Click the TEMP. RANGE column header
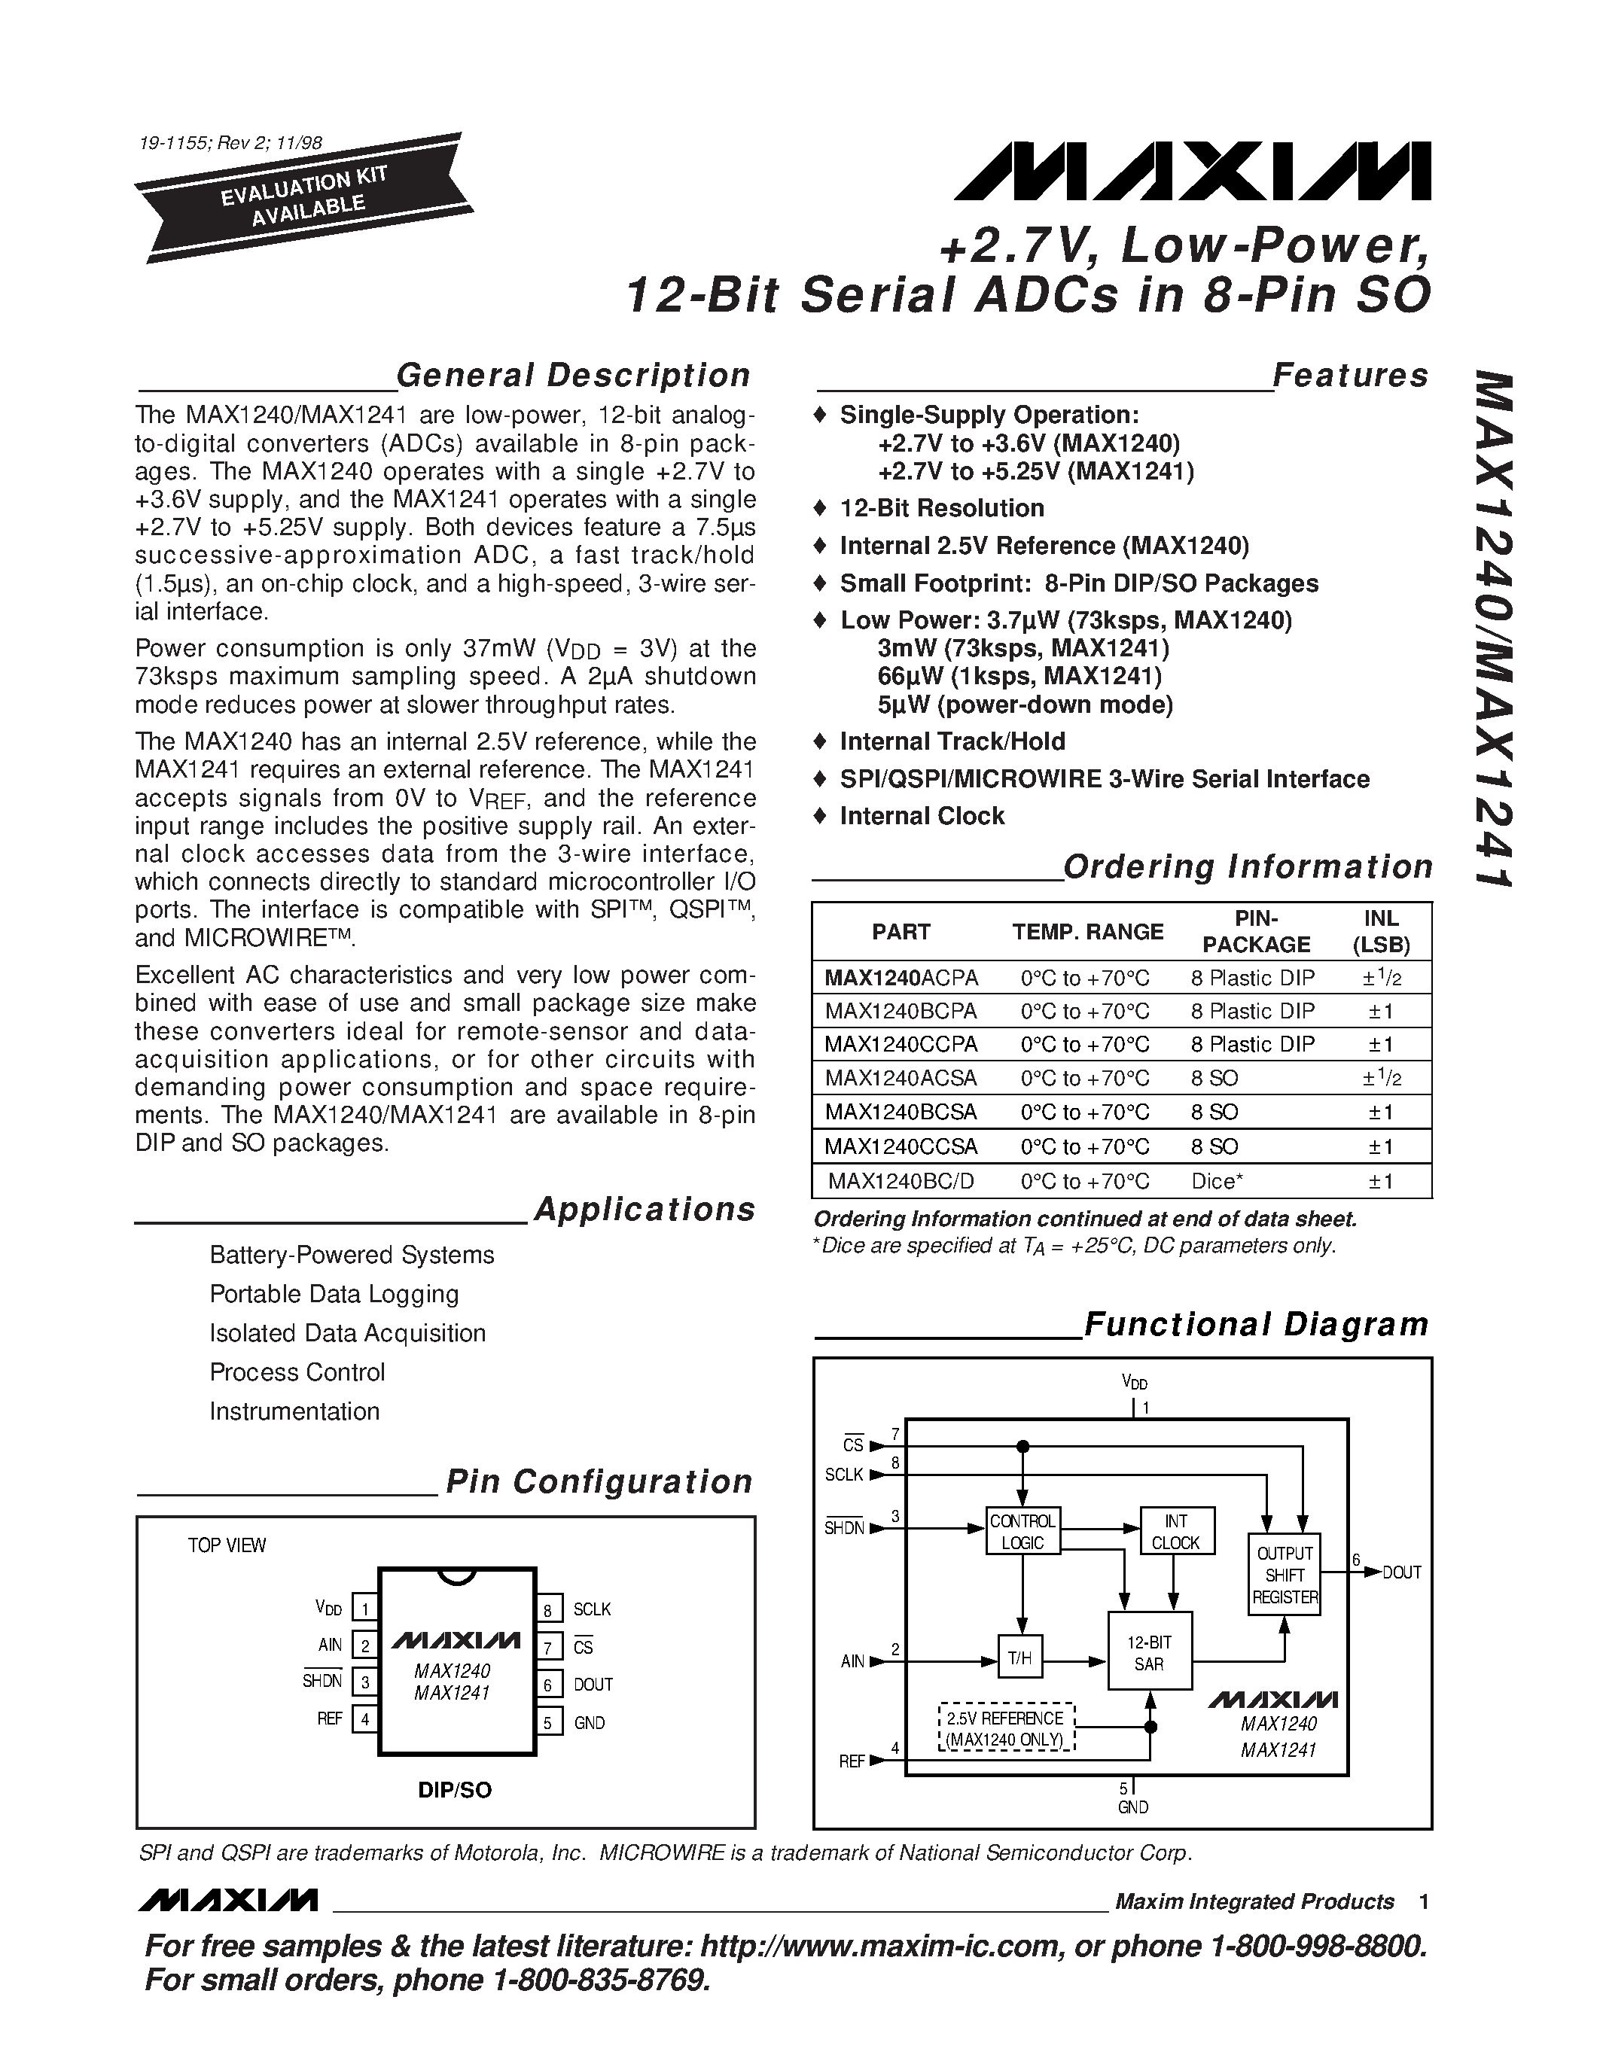pos(1087,932)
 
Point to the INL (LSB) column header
pos(1381,932)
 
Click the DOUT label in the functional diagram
pos(1402,1572)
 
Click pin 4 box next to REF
pos(364,1718)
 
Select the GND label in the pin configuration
pos(589,1723)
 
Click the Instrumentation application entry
pos(294,1411)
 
